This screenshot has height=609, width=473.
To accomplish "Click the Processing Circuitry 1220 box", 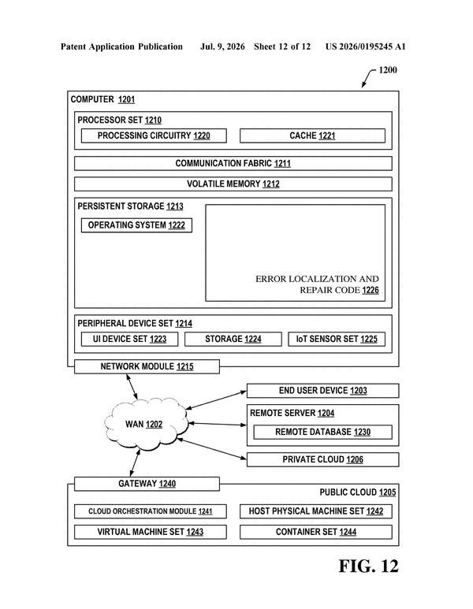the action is click(154, 136).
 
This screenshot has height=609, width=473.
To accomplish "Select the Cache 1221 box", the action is click(312, 136).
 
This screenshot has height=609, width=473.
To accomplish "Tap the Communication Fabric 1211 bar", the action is click(233, 163).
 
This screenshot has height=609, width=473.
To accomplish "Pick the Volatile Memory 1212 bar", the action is click(233, 184).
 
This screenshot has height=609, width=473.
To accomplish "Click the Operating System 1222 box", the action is click(136, 225).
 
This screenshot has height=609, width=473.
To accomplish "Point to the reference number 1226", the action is click(371, 290).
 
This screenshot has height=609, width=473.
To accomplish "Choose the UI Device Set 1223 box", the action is click(129, 339).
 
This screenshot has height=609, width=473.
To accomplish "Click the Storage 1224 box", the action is click(233, 339).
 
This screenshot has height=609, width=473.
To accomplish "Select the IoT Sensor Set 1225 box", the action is click(337, 339).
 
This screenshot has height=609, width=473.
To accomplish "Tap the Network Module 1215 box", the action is click(147, 366).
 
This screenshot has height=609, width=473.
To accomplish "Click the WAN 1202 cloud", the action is click(146, 424).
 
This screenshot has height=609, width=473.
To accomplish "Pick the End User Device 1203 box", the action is click(323, 391).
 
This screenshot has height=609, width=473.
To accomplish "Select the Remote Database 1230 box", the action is click(323, 432).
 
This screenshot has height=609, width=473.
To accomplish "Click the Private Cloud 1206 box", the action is click(323, 459).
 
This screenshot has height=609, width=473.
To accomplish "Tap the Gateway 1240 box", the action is click(147, 484).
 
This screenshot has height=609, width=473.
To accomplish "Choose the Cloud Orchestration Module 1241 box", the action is click(151, 511).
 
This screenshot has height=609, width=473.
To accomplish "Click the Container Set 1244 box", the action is click(316, 532).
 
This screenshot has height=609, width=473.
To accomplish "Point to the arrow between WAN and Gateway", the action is click(135, 463).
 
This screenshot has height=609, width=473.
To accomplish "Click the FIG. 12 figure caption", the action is click(368, 566).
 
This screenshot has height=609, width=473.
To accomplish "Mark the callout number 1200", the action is click(388, 70).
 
